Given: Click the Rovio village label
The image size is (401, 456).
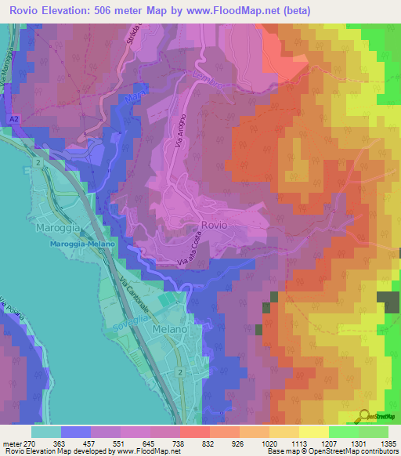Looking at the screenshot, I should coord(214,225).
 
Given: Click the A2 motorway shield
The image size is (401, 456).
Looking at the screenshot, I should coord(14,118).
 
